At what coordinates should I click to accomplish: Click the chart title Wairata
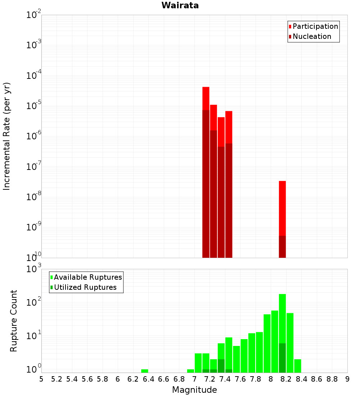(180, 5)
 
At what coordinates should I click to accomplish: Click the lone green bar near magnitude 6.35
(145, 371)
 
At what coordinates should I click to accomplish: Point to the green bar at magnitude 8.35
(298, 366)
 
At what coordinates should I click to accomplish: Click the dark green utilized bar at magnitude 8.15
(282, 358)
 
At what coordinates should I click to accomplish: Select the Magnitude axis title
(194, 390)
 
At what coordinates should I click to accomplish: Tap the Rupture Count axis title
(14, 321)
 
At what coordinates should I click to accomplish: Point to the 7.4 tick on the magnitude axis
(225, 379)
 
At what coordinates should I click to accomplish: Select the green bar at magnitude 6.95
(190, 371)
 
